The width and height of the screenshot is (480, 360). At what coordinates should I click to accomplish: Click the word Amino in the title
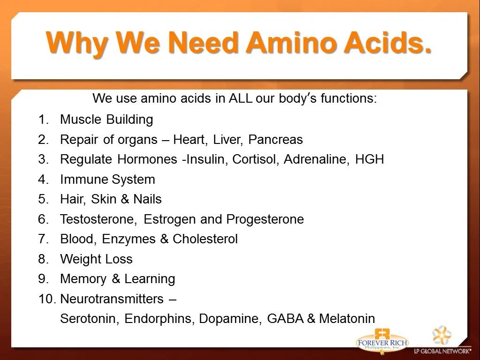click(x=290, y=42)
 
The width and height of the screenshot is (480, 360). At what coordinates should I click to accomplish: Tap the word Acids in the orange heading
click(x=387, y=42)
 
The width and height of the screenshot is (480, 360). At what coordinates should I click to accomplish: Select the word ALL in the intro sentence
click(x=241, y=98)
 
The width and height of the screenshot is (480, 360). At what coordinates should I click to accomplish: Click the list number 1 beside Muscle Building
click(x=43, y=119)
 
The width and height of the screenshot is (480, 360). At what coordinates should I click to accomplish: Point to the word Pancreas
click(x=275, y=140)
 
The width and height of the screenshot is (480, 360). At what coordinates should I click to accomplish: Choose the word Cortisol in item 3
click(x=255, y=159)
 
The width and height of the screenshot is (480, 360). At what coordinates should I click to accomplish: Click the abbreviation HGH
click(x=369, y=159)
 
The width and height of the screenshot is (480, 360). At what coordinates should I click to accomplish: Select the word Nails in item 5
click(x=147, y=199)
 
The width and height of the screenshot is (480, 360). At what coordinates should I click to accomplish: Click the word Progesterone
click(x=265, y=219)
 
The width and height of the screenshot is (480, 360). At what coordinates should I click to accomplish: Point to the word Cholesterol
click(x=205, y=239)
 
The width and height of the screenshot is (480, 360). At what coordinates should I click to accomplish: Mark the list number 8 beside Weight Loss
click(x=44, y=259)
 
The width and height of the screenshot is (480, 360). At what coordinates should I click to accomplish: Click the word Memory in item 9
click(x=83, y=279)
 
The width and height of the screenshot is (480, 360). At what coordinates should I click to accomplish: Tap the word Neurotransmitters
click(x=112, y=299)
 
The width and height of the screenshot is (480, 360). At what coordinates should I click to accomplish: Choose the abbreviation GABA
click(x=285, y=319)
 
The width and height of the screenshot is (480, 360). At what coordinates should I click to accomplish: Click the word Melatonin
click(x=347, y=319)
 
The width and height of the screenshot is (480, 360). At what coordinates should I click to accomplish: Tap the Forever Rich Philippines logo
click(x=382, y=341)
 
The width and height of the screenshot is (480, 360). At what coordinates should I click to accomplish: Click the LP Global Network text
click(x=442, y=351)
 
